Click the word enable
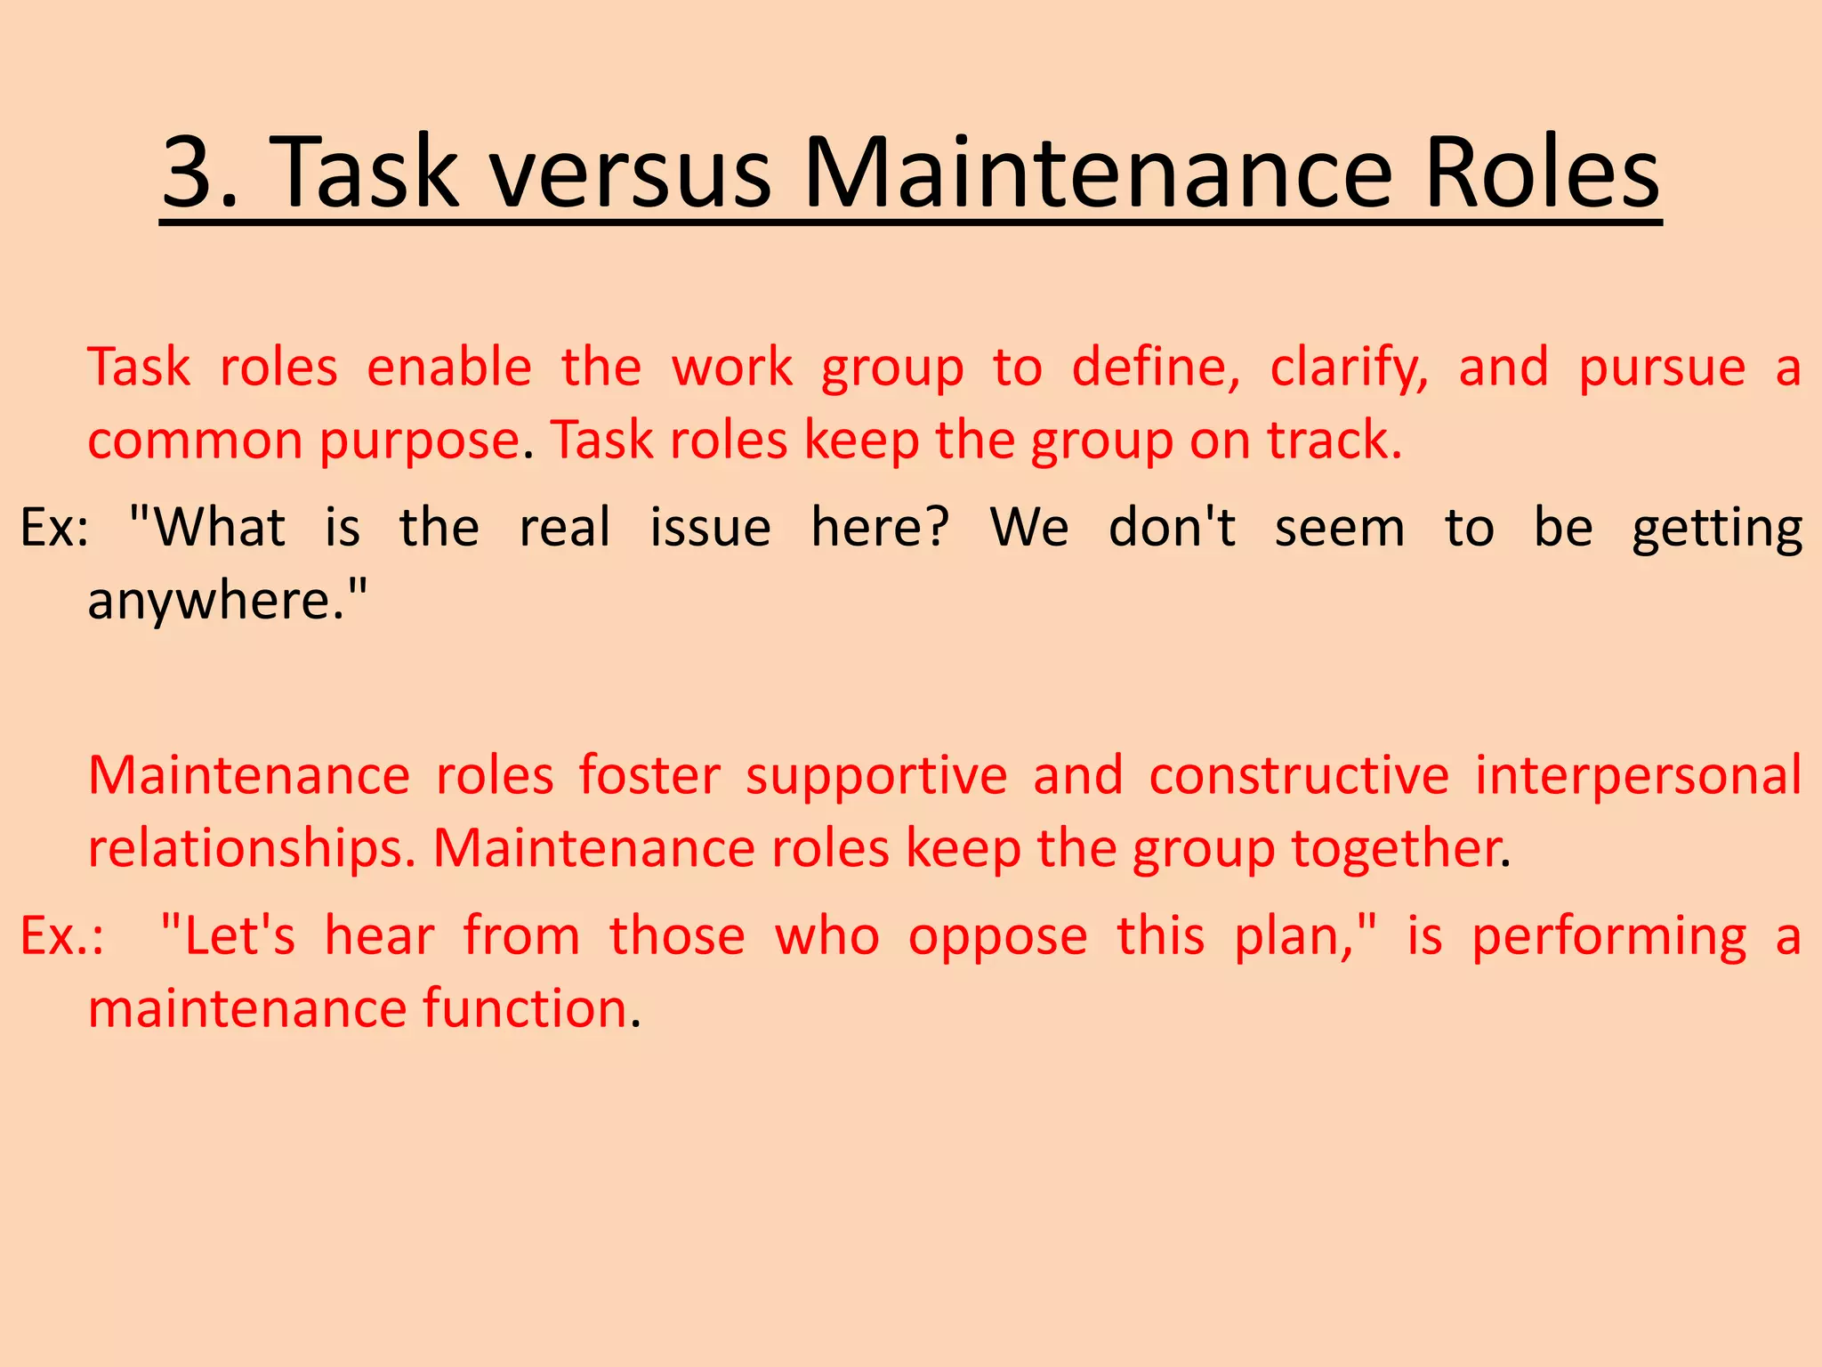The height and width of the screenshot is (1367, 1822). pyautogui.click(x=449, y=368)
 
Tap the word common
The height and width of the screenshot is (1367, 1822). pyautogui.click(x=195, y=441)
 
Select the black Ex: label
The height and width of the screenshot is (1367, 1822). pyautogui.click(x=54, y=528)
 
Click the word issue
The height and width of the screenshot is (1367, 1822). pyautogui.click(x=710, y=528)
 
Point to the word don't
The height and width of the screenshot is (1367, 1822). pyautogui.click(x=1173, y=528)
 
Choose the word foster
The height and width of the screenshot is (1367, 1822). pyautogui.click(x=649, y=775)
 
